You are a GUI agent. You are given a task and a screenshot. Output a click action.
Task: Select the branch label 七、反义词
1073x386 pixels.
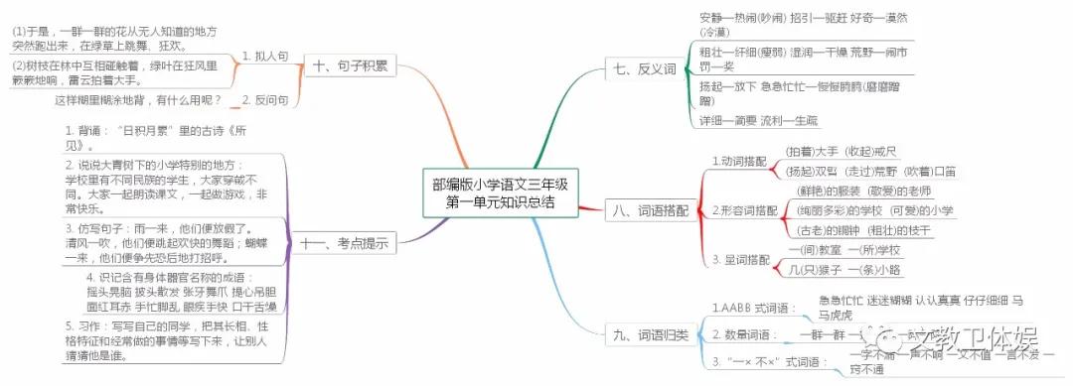645,69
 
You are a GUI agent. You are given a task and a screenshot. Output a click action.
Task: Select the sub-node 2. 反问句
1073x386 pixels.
265,100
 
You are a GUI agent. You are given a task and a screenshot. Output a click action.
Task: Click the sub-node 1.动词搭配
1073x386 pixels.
739,160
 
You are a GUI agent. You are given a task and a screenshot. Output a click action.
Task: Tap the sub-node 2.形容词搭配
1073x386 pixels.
745,210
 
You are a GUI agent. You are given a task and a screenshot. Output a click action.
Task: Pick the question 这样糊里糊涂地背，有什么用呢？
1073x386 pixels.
139,100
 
